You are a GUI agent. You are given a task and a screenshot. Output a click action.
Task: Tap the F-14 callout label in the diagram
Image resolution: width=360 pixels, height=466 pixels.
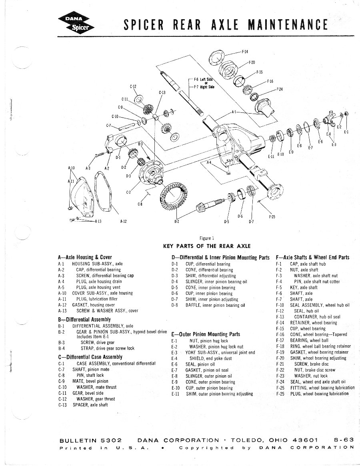(245, 52)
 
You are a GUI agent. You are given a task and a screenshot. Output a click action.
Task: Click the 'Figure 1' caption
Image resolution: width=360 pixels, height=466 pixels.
(211, 238)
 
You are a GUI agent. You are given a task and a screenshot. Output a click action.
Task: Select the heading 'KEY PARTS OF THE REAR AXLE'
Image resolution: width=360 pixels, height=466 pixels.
(207, 246)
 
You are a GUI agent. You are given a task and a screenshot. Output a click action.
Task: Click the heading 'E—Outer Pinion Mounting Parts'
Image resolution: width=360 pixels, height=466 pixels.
(206, 334)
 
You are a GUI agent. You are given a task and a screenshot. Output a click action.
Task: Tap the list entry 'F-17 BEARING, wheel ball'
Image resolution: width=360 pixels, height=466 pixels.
(302, 340)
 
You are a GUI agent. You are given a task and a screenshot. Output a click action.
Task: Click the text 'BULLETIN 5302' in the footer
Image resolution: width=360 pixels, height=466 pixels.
(90, 440)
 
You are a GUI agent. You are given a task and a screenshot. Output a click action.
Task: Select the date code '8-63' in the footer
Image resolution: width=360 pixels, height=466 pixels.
(343, 440)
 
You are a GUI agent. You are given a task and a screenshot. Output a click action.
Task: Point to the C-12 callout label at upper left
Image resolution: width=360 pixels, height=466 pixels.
(133, 86)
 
